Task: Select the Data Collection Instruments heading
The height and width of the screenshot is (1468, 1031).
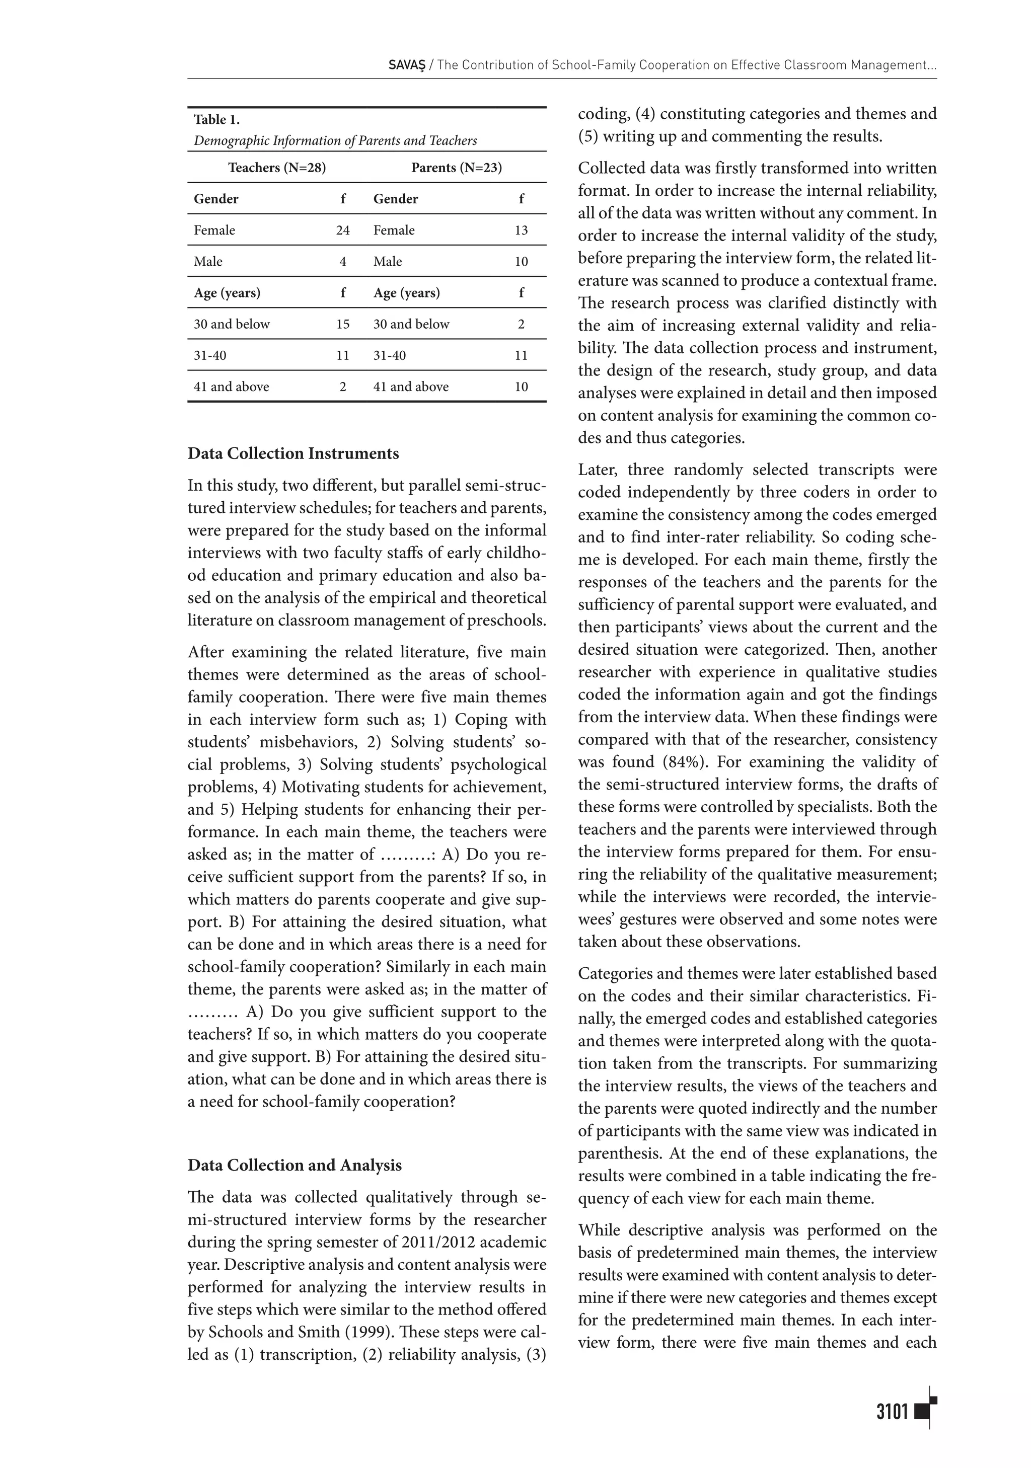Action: click(293, 453)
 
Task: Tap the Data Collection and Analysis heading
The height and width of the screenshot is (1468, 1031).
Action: click(294, 1165)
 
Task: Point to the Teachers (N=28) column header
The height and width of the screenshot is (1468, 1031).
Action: click(277, 168)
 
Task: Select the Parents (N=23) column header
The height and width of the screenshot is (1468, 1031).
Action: click(456, 168)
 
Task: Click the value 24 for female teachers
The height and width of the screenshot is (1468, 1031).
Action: click(343, 230)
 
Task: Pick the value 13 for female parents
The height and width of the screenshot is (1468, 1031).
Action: click(521, 230)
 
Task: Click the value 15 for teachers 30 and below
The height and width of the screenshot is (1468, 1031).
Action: click(343, 324)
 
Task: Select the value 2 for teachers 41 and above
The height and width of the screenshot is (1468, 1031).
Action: click(343, 387)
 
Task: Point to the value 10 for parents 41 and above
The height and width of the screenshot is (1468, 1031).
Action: click(521, 387)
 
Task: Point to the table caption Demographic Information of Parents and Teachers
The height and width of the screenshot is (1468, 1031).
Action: click(335, 141)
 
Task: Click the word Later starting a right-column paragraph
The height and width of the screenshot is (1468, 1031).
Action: click(598, 470)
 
